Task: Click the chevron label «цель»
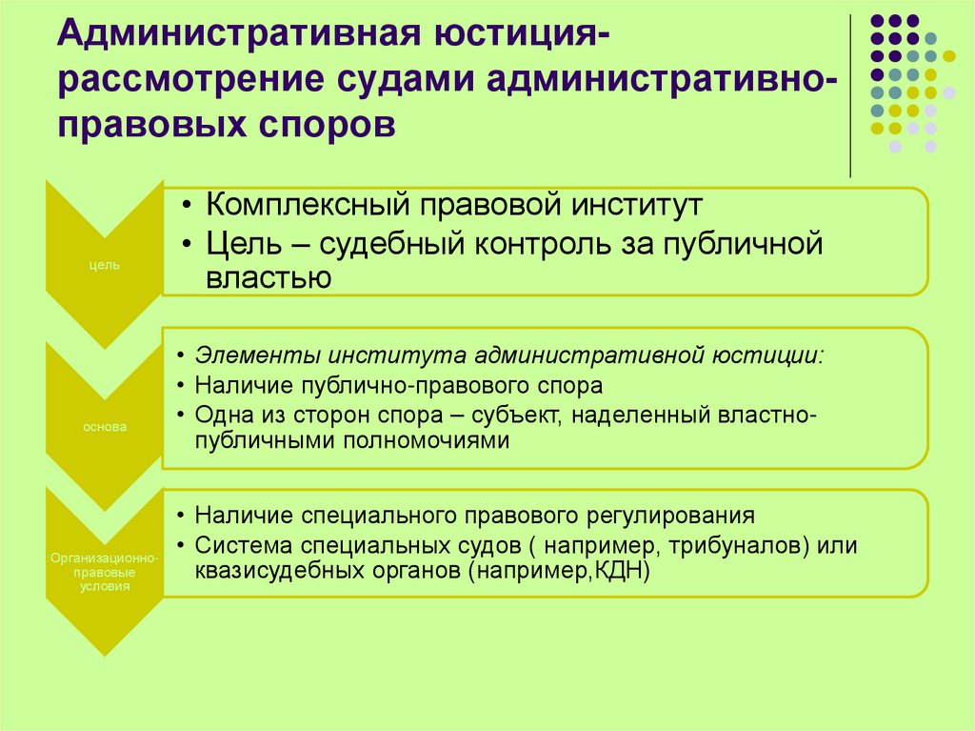click(x=105, y=265)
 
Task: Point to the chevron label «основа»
click(x=105, y=427)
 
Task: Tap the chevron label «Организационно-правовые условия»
click(x=105, y=571)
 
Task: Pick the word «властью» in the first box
click(x=268, y=277)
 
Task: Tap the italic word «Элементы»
click(x=257, y=356)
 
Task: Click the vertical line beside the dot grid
click(x=849, y=95)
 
